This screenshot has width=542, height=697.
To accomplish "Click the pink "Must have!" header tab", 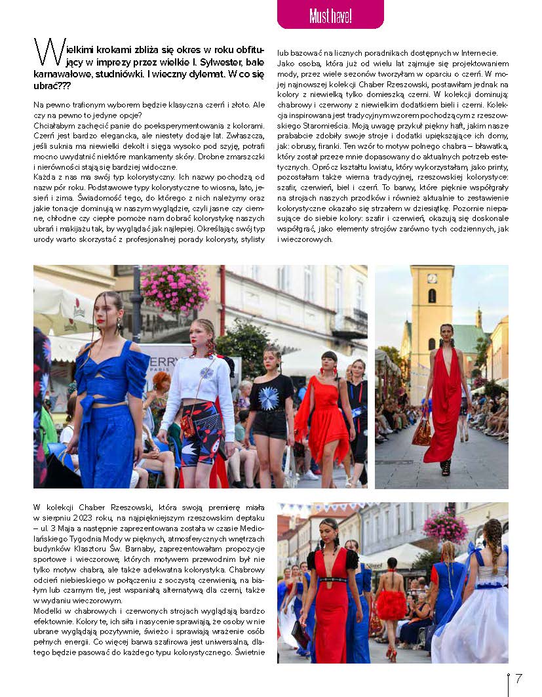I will click(330, 14).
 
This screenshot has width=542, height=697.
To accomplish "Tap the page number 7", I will click(518, 679).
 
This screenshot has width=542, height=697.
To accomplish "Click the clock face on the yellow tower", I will click(433, 278).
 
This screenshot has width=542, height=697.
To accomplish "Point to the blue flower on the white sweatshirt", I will click(206, 372).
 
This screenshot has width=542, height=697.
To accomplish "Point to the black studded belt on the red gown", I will click(332, 580).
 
